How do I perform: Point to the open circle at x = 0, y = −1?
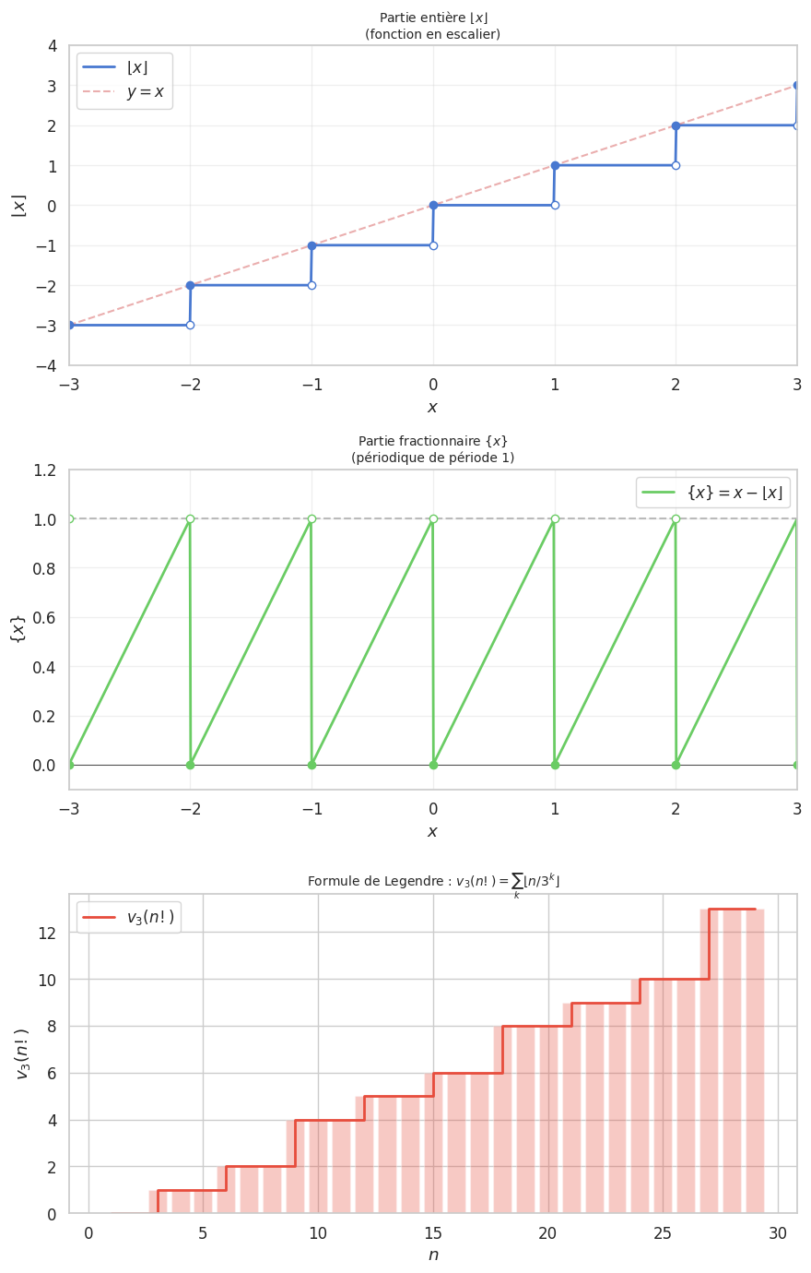click(433, 245)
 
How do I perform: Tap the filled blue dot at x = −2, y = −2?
click(190, 285)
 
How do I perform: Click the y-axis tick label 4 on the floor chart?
click(53, 46)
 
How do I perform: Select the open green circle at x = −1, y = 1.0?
click(311, 518)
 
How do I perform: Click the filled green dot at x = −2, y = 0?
click(190, 765)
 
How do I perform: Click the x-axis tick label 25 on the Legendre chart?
click(663, 1233)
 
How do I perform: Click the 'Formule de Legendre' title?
click(433, 882)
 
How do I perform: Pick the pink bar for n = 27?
click(709, 1061)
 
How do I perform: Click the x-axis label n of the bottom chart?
click(433, 1255)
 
